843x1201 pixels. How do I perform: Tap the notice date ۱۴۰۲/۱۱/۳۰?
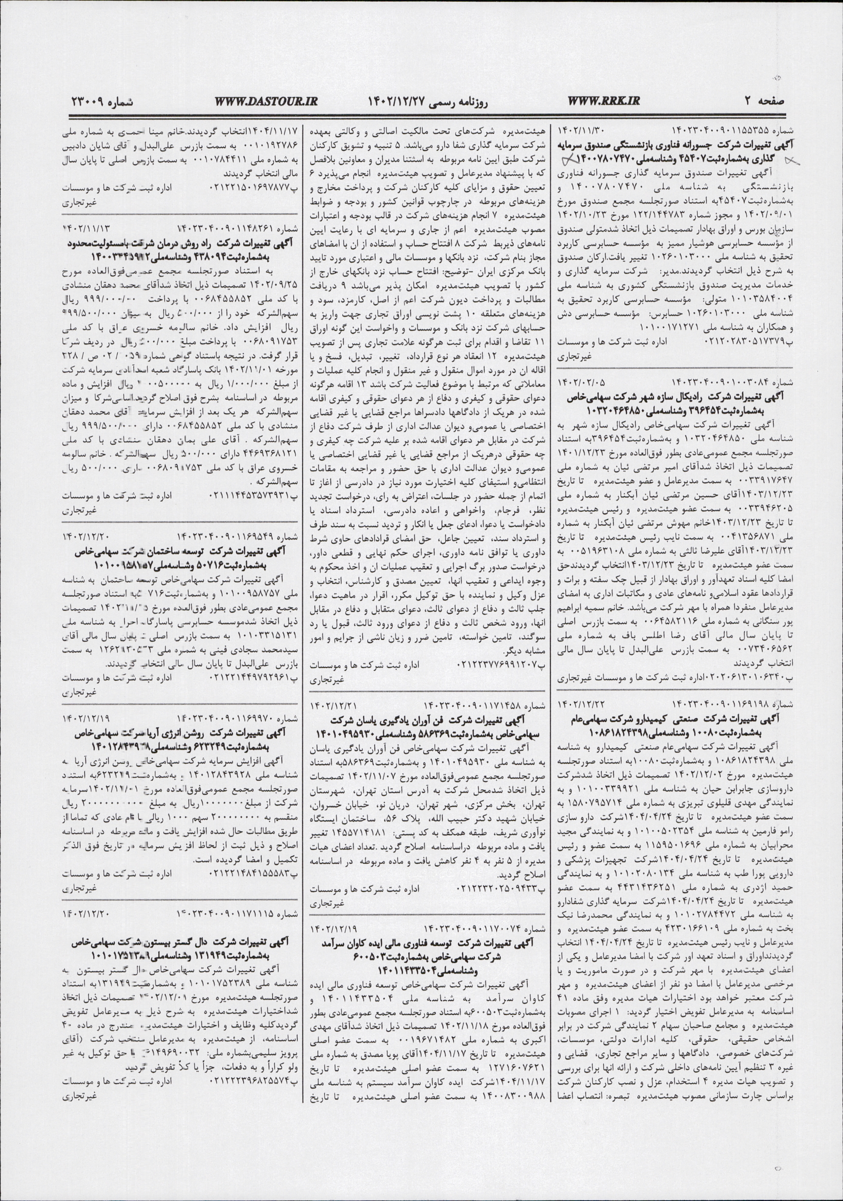click(575, 128)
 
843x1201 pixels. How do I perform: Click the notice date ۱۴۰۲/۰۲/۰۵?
click(574, 381)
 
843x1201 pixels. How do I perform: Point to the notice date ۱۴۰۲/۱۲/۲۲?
click(575, 698)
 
